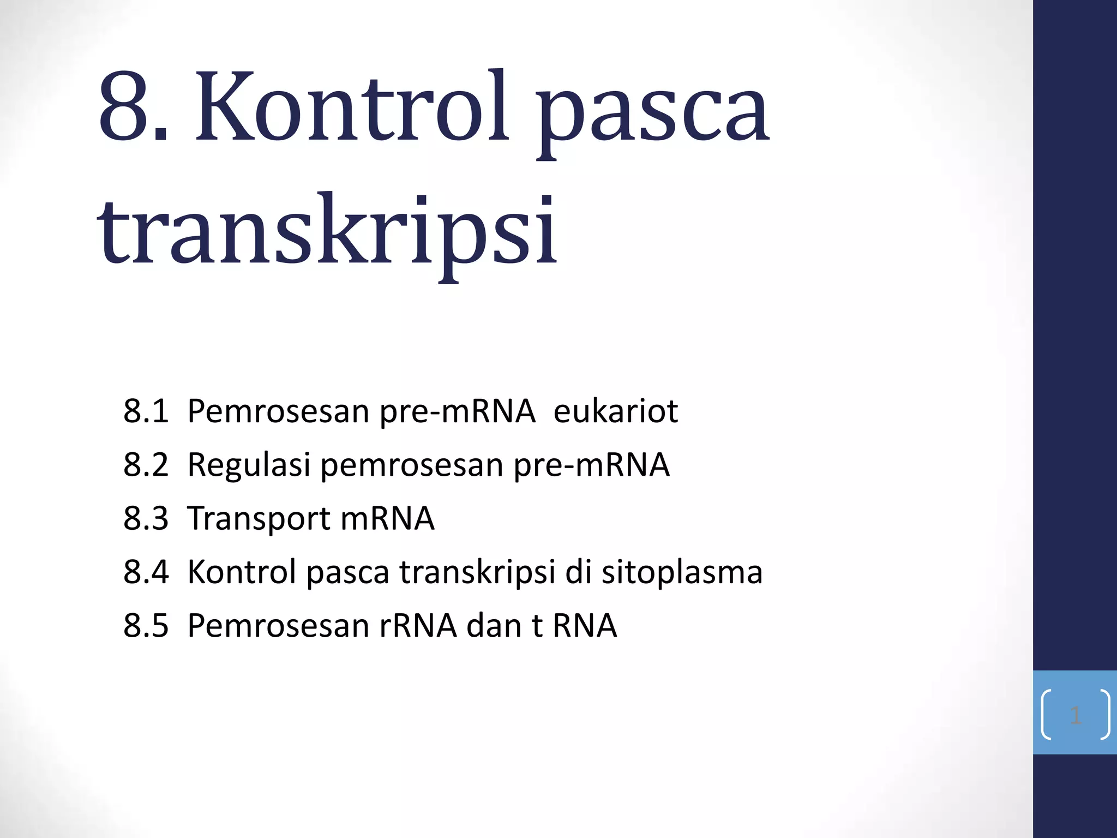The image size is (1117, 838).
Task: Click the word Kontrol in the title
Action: [352, 106]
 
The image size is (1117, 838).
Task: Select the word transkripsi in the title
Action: [327, 232]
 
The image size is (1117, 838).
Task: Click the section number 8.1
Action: [146, 411]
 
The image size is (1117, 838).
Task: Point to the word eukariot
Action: [615, 411]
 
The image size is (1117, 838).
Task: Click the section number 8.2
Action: [146, 464]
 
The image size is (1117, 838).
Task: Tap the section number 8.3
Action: [146, 518]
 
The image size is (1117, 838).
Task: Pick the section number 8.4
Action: [146, 571]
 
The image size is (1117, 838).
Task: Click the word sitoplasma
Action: [682, 572]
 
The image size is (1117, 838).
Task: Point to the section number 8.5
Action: [146, 625]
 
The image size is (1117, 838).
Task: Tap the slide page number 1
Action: [1075, 715]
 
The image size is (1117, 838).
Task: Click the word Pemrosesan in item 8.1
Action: [278, 411]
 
